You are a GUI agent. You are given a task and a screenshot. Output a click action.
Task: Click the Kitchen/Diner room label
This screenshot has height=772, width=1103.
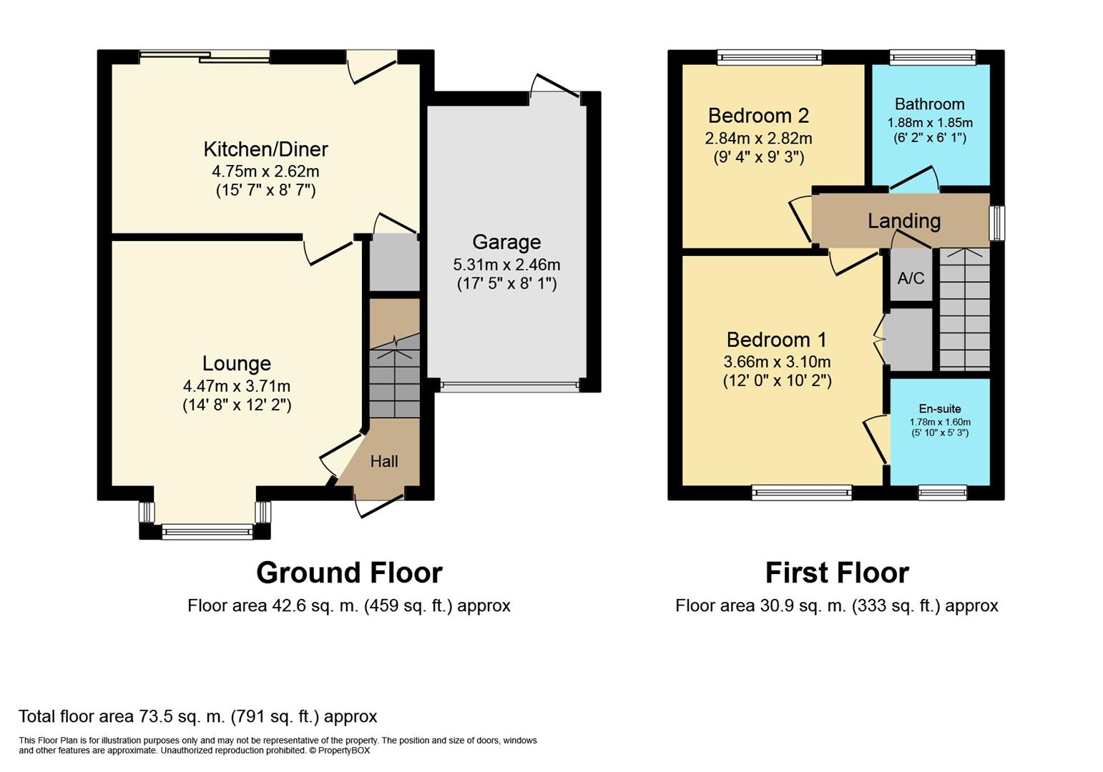coord(265,149)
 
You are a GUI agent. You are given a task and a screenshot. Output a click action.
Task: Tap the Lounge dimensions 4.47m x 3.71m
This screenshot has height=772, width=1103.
coord(236,386)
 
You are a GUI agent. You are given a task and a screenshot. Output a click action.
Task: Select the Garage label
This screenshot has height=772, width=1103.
coord(506,242)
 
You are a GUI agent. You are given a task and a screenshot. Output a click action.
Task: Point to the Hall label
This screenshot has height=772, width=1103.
coord(384,461)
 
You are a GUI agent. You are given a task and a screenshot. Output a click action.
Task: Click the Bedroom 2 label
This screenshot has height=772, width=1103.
coord(758,116)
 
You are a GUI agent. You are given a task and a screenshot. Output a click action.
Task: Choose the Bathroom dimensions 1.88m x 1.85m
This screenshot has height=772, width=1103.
coord(930,122)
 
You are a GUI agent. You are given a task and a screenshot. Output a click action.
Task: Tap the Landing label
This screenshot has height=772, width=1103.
coord(904,221)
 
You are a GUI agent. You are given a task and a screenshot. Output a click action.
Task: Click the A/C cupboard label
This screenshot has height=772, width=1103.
coord(911,279)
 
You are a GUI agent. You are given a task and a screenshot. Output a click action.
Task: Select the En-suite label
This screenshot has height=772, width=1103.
coord(939,408)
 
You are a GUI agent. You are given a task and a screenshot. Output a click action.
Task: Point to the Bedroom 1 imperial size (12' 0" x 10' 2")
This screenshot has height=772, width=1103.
coord(777,381)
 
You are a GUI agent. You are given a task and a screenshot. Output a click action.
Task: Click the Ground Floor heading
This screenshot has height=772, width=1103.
coord(349,573)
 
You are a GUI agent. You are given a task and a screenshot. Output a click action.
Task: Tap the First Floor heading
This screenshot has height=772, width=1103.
coord(837,573)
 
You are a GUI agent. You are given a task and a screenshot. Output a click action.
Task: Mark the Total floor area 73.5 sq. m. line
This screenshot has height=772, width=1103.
coord(198,716)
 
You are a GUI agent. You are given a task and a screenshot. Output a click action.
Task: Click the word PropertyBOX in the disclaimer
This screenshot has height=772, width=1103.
coord(343,751)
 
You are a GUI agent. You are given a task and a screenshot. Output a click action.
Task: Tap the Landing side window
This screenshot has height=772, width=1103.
coord(997,223)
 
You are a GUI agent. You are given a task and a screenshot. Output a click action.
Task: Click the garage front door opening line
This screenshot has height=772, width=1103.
coord(509,386)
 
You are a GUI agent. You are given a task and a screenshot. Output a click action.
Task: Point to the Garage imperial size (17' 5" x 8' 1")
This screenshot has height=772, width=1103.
coord(506,284)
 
